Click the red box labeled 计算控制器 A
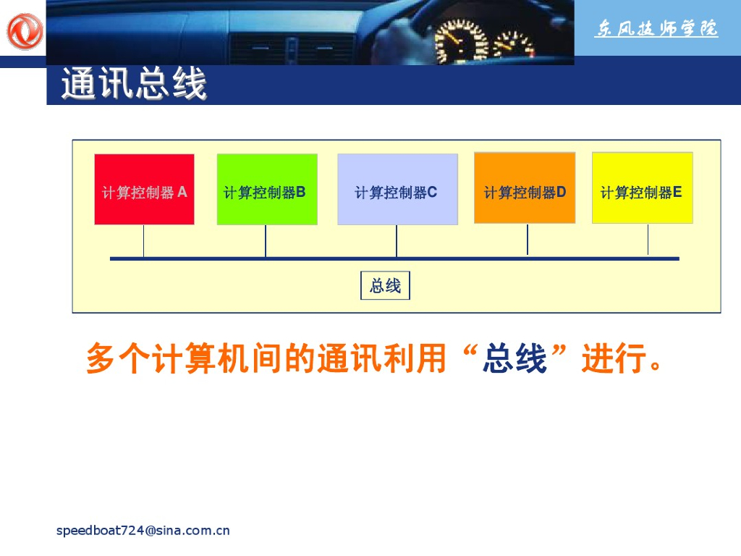click(144, 189)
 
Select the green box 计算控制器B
click(267, 189)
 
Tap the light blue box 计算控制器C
click(397, 189)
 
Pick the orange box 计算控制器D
click(525, 188)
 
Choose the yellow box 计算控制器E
click(642, 188)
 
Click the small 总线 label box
click(385, 286)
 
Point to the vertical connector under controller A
click(143, 240)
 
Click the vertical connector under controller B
click(266, 240)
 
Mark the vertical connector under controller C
click(397, 240)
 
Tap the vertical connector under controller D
click(528, 240)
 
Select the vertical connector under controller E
click(648, 240)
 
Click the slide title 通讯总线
click(134, 85)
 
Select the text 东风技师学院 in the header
click(656, 29)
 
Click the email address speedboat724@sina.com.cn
click(143, 531)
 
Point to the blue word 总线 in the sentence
click(515, 359)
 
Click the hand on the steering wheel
click(402, 29)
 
